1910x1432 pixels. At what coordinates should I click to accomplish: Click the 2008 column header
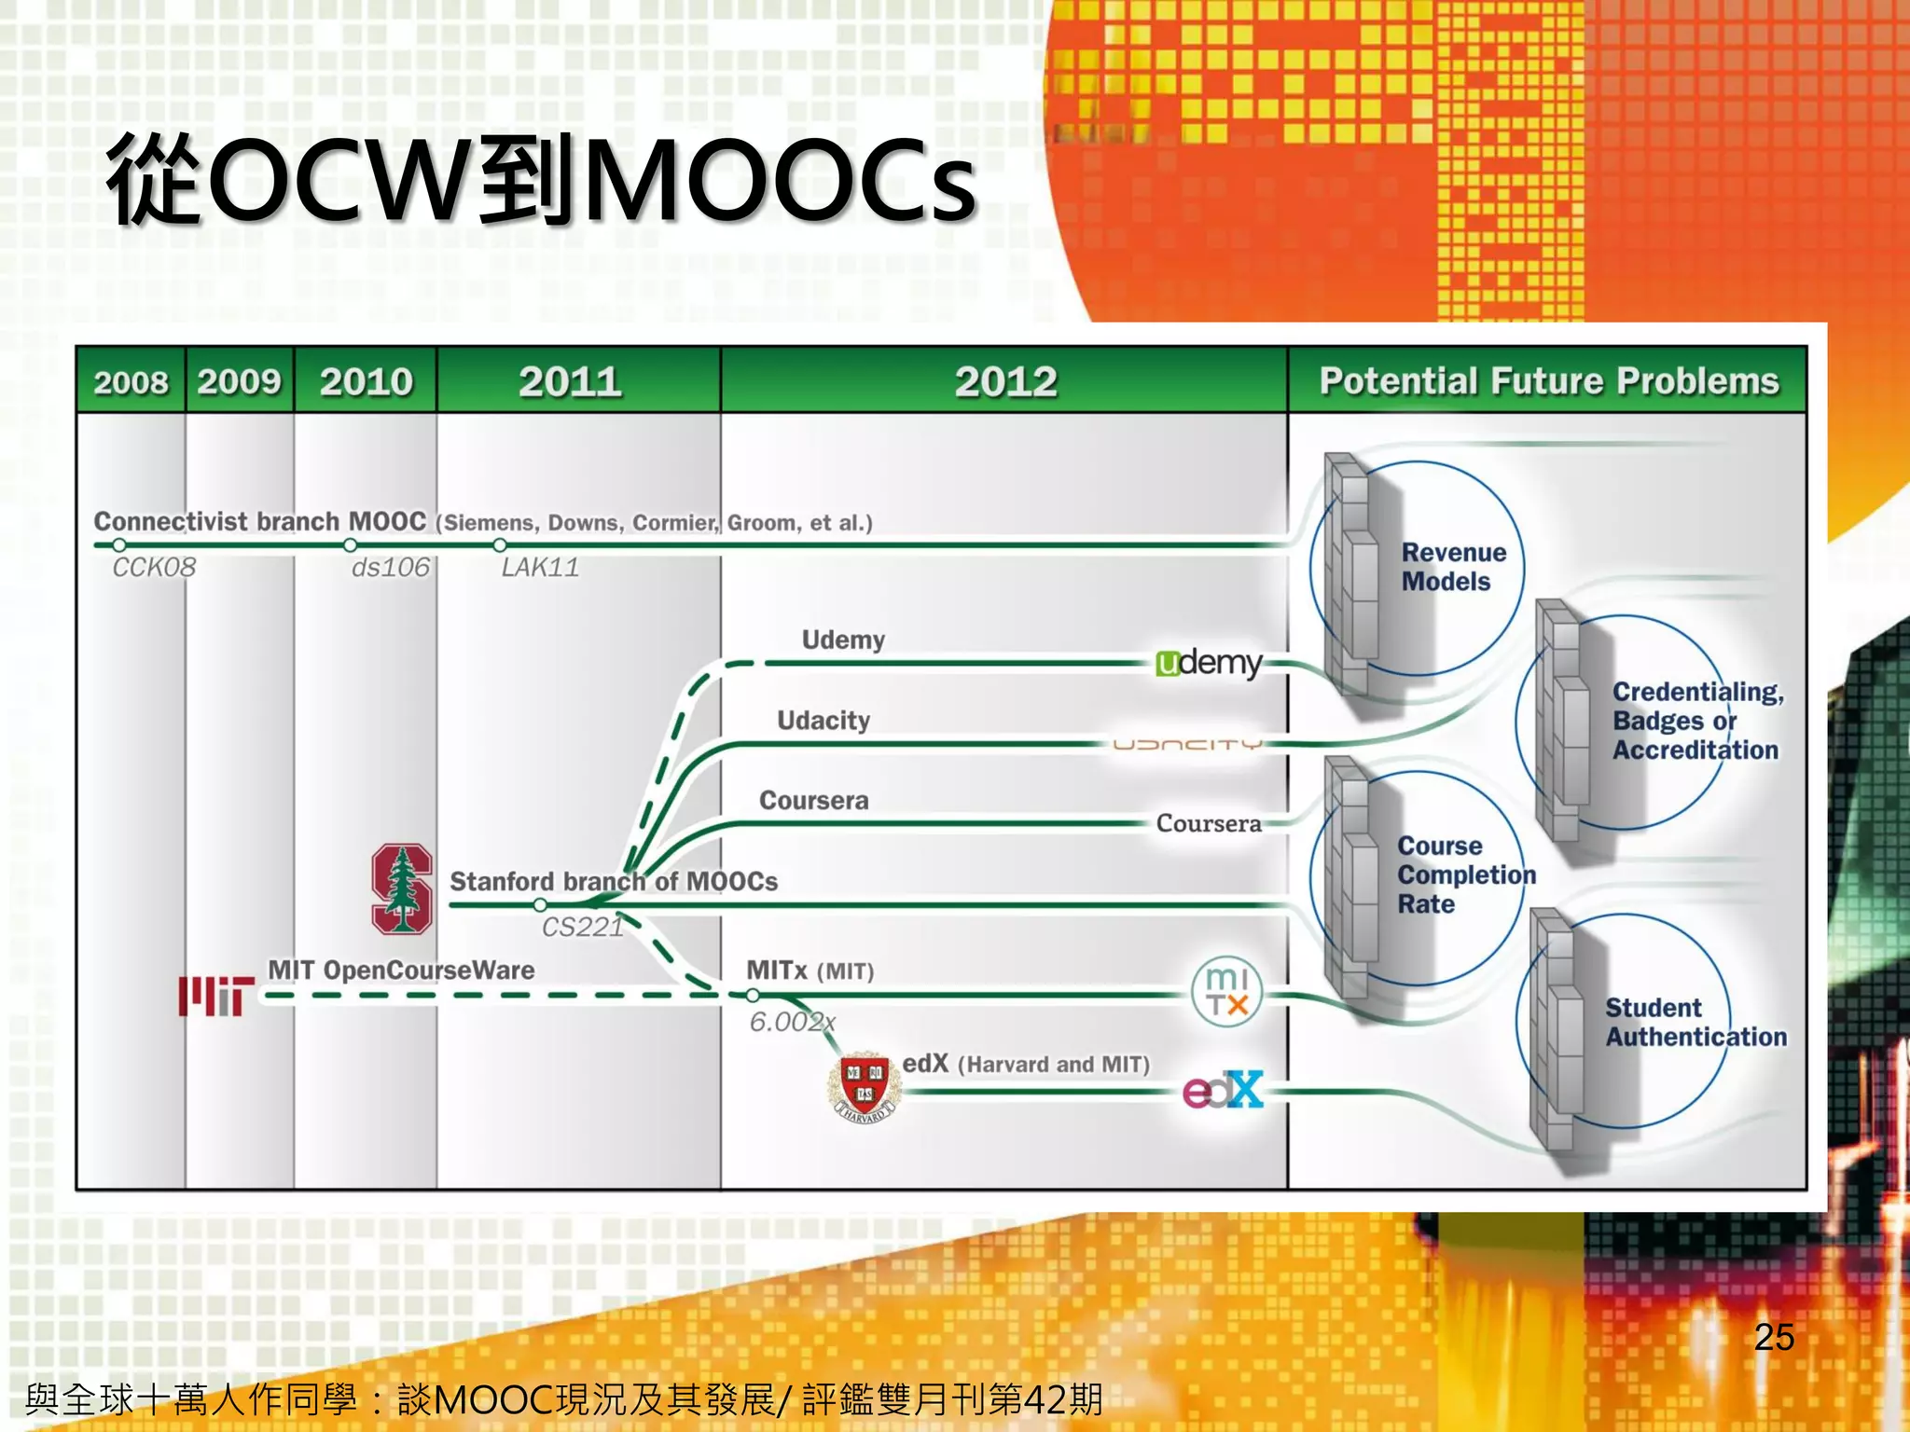click(x=131, y=381)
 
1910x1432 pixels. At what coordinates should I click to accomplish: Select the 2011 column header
click(x=570, y=381)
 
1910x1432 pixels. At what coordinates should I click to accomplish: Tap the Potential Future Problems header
click(x=1548, y=381)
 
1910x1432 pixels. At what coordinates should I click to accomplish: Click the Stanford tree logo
click(x=402, y=888)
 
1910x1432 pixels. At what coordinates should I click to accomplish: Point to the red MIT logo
click(x=216, y=996)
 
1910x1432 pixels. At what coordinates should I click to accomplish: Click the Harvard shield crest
click(x=865, y=1086)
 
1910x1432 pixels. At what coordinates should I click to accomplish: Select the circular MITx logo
click(x=1226, y=992)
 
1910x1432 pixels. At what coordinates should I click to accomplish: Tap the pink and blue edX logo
click(x=1223, y=1090)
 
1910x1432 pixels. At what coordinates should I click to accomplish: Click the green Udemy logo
click(x=1208, y=663)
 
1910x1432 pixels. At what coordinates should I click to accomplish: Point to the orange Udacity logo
click(x=1187, y=745)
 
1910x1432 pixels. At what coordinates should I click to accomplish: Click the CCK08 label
click(x=154, y=567)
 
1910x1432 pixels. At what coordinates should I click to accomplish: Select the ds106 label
click(x=391, y=567)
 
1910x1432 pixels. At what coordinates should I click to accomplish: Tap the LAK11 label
click(x=540, y=567)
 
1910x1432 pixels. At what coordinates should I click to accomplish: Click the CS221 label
click(x=582, y=927)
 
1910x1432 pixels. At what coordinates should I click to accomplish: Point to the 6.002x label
click(x=793, y=1022)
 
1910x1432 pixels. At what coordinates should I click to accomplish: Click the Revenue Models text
click(x=1453, y=567)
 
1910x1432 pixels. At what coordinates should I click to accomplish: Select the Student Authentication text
click(x=1695, y=1022)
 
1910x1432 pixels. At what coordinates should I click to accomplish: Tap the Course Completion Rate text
click(x=1465, y=874)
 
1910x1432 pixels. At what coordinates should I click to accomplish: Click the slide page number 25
click(x=1774, y=1337)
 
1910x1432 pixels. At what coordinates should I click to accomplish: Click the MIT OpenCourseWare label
click(x=401, y=971)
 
